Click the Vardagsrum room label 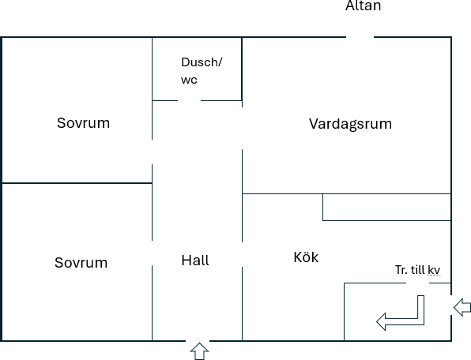[x=350, y=124]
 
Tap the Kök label [x=306, y=257]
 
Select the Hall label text [x=195, y=260]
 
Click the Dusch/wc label [x=202, y=71]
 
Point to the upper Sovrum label [x=83, y=123]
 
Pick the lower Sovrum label [x=81, y=262]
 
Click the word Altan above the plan [x=364, y=6]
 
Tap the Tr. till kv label [x=418, y=270]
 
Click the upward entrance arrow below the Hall [x=199, y=351]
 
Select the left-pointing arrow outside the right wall [x=462, y=307]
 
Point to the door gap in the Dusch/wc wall [x=189, y=100]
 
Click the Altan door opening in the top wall [x=360, y=37]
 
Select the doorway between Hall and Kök [x=242, y=255]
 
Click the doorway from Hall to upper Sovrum [x=152, y=152]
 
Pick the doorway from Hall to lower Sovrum [x=152, y=253]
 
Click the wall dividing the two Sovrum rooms [x=77, y=182]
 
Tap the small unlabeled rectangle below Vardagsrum [x=387, y=208]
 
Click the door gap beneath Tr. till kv [x=418, y=283]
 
